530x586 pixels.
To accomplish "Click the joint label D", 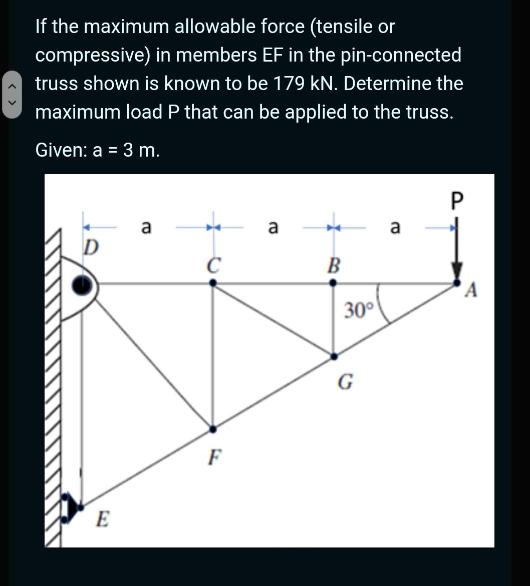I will (x=91, y=247).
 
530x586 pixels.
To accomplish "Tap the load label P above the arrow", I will (x=455, y=203).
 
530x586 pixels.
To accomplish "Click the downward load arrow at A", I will (x=456, y=255).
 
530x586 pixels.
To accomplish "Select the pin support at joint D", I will (x=82, y=285).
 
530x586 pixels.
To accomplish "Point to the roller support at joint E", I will (x=73, y=506).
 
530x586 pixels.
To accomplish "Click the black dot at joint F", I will (x=213, y=429).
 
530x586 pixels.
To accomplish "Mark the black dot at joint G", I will (x=334, y=356).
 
